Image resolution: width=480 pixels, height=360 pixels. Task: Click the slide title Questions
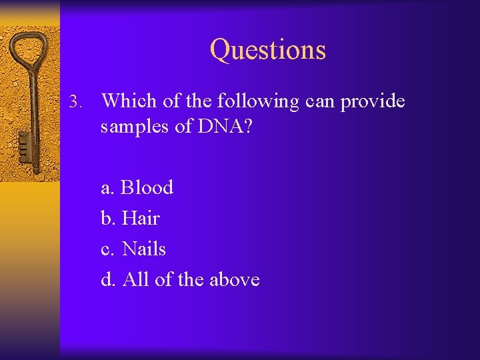click(x=268, y=49)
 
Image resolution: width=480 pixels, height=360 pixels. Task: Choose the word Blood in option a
click(x=147, y=187)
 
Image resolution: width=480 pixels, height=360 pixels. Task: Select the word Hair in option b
click(x=141, y=218)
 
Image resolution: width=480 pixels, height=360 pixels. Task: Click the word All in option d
click(x=135, y=279)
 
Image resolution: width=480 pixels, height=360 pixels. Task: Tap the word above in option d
click(x=234, y=279)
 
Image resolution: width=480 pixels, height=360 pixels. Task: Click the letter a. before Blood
click(x=108, y=188)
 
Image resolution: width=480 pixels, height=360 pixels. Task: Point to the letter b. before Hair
click(x=109, y=218)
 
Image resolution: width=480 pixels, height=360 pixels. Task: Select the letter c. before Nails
click(x=108, y=249)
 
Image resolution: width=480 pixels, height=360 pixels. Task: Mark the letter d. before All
click(x=109, y=279)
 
